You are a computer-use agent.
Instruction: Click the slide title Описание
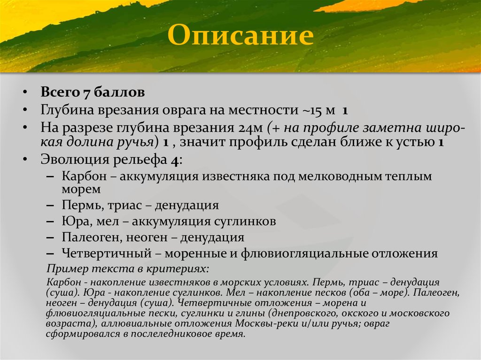tap(241, 36)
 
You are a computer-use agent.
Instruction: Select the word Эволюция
tap(74, 160)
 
